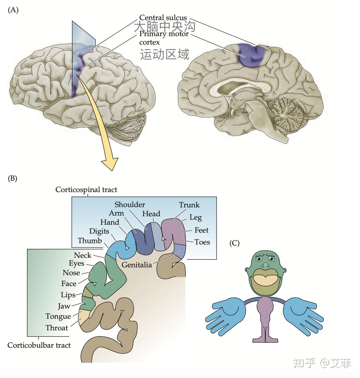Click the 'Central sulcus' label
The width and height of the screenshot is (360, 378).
coord(163,18)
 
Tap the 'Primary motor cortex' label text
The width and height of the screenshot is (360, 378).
coord(164,38)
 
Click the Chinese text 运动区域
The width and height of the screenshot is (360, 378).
coord(165,54)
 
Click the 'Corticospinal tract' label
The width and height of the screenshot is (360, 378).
coord(86,190)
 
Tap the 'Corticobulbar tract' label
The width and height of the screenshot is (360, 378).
coord(39,345)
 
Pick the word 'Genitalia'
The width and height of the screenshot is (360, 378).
coord(137,265)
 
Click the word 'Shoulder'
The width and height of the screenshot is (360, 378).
coord(130,205)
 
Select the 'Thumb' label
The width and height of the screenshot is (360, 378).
coord(90,240)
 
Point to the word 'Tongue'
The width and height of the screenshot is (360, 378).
coord(58,316)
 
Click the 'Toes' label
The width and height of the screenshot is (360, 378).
coord(202,242)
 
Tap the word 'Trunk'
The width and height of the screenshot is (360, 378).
coord(189,205)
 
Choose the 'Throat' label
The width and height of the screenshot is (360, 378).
coord(57,328)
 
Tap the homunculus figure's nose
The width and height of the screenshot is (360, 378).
coord(266,265)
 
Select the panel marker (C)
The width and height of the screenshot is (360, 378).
coord(234,243)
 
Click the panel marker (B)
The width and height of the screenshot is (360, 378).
coord(13,178)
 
